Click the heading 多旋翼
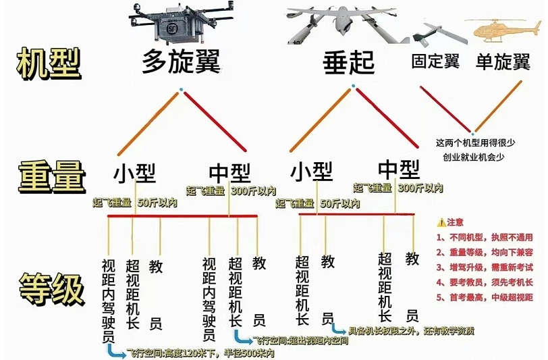tap(181, 61)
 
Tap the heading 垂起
tap(348, 63)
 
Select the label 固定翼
tap(435, 61)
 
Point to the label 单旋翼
tap(503, 62)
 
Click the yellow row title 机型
tap(49, 63)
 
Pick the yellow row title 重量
tap(52, 177)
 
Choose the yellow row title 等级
tap(52, 289)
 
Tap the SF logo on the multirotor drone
tap(171, 28)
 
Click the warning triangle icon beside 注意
tap(441, 222)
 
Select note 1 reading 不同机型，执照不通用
tap(485, 238)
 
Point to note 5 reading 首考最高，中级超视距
tap(485, 297)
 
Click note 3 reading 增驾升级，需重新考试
tap(485, 267)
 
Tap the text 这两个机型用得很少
tap(475, 143)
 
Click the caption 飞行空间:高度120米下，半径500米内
tap(200, 353)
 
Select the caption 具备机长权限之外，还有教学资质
tap(411, 330)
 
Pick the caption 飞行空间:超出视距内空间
tap(300, 340)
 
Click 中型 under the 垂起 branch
tap(399, 170)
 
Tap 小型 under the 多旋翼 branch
tap(134, 172)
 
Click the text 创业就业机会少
tap(474, 157)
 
